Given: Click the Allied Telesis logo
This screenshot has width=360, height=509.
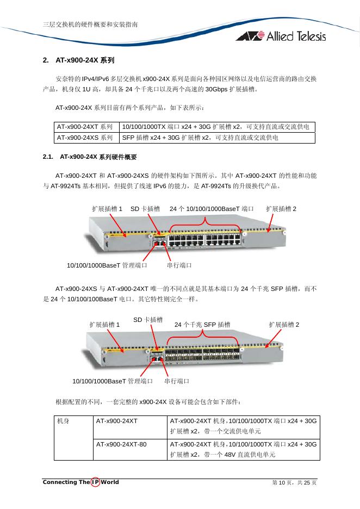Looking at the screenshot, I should (x=281, y=36).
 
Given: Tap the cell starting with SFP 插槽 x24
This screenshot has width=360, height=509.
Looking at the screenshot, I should (x=200, y=138).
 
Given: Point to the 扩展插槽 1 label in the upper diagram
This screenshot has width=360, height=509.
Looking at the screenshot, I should (x=107, y=209).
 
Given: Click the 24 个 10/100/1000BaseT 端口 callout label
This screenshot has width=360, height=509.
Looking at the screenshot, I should (x=212, y=209).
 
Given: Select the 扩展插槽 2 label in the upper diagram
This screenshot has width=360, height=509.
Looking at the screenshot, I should (x=281, y=209).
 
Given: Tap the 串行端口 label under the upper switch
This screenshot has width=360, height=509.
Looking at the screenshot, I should (x=179, y=265).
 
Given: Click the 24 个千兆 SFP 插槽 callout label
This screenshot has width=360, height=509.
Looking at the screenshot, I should (x=202, y=325).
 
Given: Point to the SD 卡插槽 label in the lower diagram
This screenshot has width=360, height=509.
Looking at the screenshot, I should (x=148, y=320).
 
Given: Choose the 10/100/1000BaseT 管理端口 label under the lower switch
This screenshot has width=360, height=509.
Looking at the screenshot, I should (x=113, y=381).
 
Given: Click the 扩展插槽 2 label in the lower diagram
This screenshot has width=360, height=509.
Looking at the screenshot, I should (x=284, y=325).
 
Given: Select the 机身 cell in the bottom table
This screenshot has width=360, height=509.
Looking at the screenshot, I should (x=65, y=421).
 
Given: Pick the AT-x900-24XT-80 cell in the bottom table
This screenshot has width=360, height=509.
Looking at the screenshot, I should (x=121, y=444).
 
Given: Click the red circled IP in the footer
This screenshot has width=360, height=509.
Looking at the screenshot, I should (x=96, y=482).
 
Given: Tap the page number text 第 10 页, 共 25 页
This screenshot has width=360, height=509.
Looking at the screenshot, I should (x=294, y=483).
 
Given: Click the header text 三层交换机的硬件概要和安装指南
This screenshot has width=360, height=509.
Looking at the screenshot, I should (x=90, y=24).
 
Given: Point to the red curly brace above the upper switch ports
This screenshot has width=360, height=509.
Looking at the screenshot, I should (x=205, y=221).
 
